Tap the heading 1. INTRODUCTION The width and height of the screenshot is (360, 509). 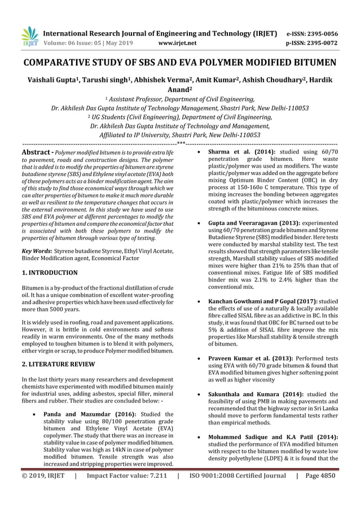(x=50, y=273)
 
